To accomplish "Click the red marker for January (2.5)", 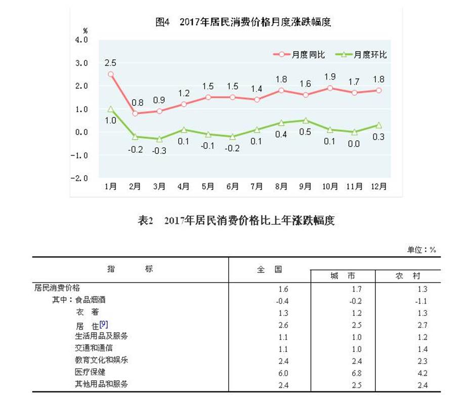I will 111,74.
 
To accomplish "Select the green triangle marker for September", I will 305,121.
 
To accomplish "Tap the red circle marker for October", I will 329,88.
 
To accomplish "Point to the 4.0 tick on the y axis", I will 81,40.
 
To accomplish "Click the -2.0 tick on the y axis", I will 81,179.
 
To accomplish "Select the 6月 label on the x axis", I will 232,186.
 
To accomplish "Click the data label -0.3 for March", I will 159,150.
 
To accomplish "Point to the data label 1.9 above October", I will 329,77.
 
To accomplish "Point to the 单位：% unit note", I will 421,250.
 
